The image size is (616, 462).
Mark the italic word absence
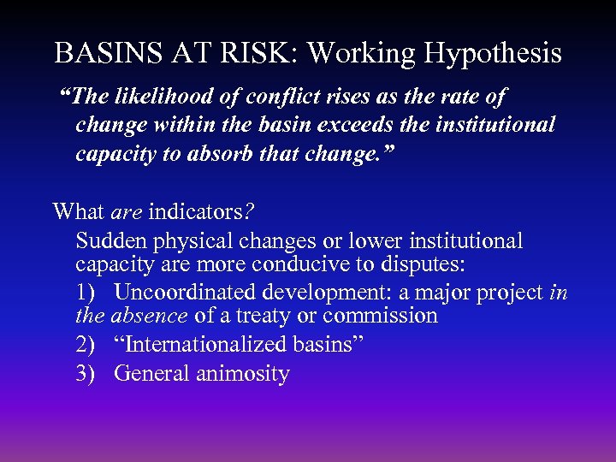pos(149,316)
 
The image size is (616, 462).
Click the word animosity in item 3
pos(244,374)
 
